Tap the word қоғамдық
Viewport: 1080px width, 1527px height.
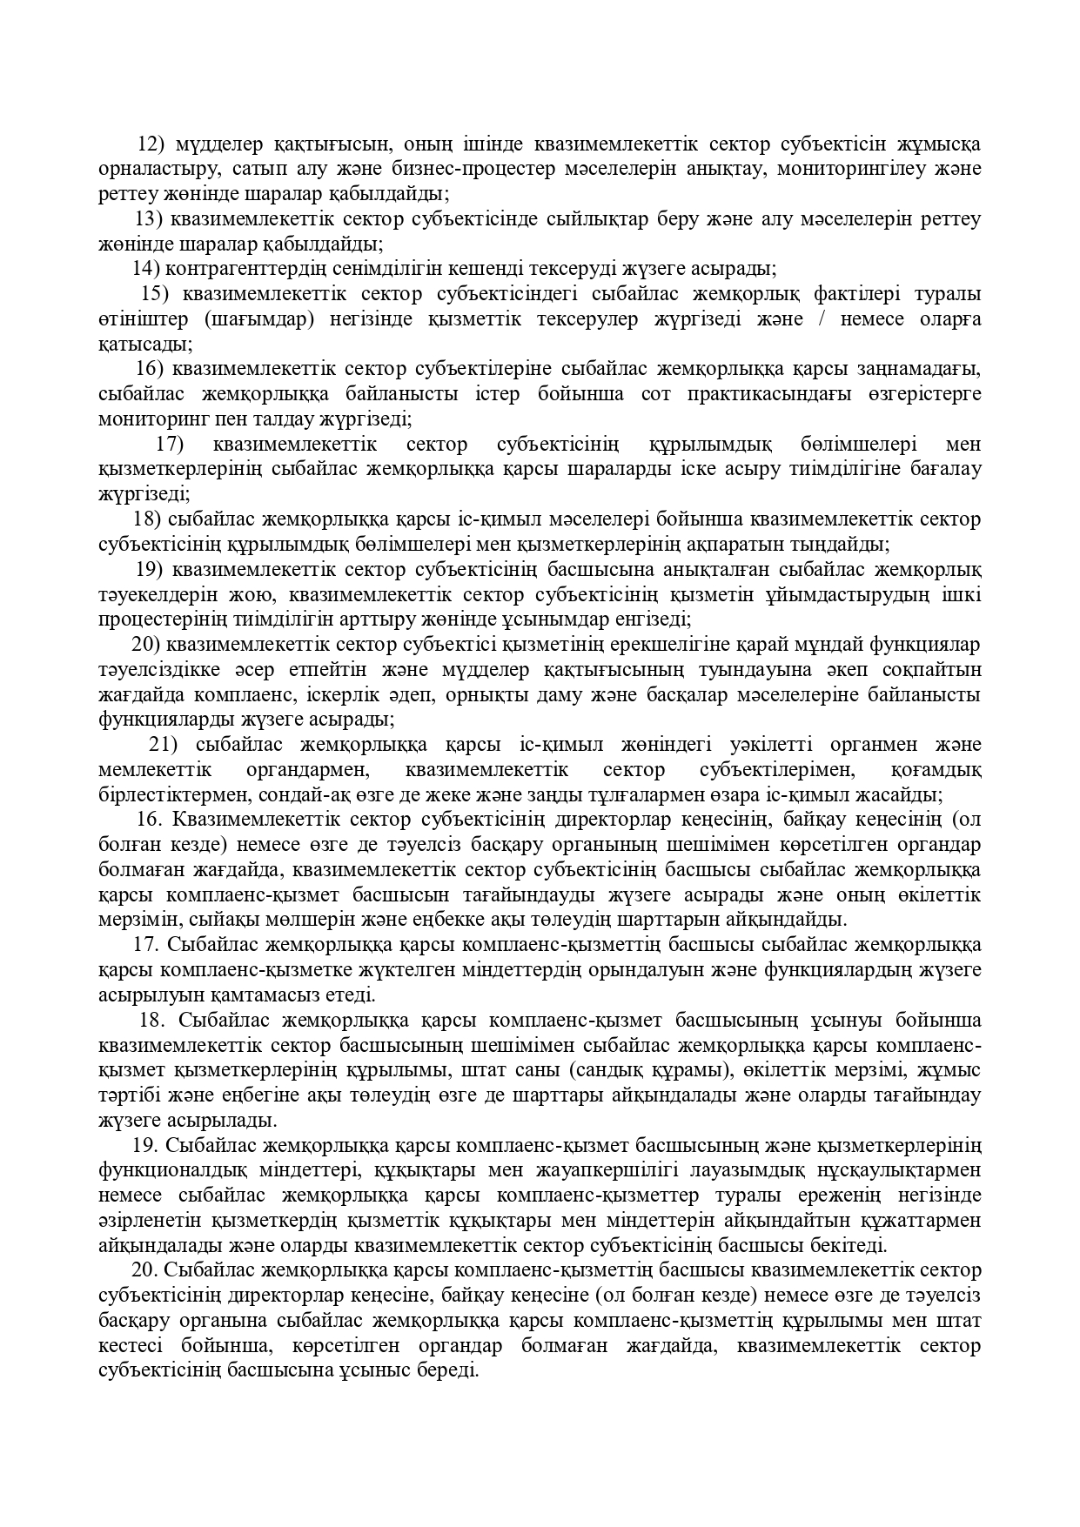pos(937,770)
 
